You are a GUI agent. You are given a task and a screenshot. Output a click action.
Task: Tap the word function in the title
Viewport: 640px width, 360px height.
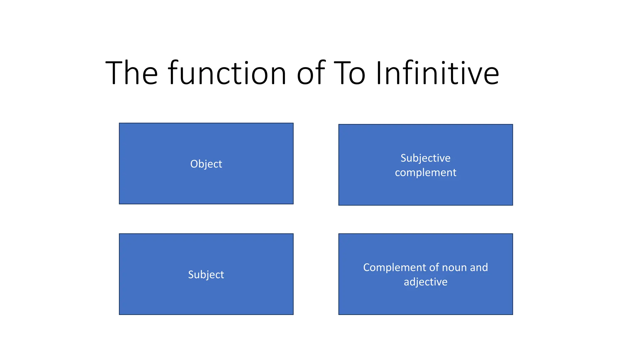(227, 74)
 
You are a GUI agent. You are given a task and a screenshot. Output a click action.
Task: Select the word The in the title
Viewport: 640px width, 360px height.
(132, 74)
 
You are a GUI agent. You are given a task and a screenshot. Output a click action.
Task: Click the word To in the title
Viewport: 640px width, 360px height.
(349, 74)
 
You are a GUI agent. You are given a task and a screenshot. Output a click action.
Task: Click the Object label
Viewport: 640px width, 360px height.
(206, 164)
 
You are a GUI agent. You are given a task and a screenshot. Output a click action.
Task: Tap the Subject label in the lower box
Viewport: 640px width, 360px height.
(206, 275)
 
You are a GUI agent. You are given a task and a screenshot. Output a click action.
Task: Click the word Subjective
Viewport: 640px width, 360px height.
(425, 158)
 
